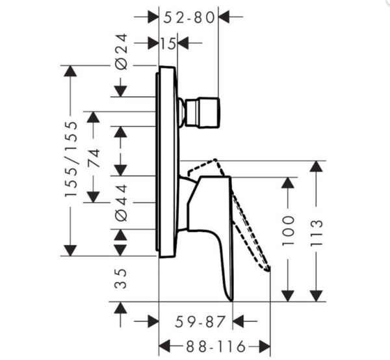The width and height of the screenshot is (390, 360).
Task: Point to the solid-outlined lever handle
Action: (214, 227)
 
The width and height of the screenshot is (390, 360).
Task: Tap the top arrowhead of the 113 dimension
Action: (317, 166)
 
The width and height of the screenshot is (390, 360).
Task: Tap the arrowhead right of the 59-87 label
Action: (239, 320)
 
